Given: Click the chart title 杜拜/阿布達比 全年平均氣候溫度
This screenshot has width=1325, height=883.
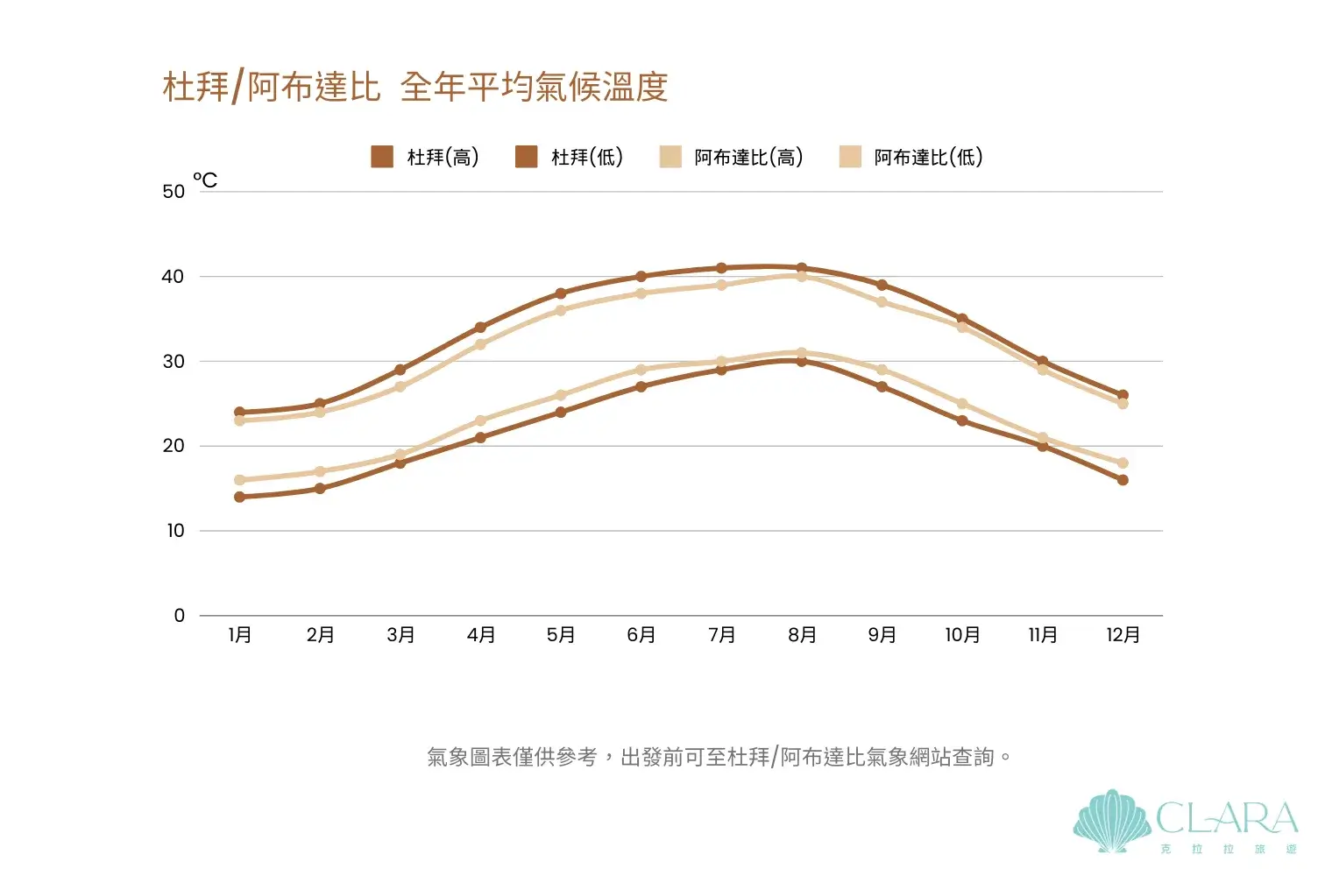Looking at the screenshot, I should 415,88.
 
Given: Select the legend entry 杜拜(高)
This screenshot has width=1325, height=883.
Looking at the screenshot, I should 426,158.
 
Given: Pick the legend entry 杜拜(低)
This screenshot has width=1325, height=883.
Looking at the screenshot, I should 570,158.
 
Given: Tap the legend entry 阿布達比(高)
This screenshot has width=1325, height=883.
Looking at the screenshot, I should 732,158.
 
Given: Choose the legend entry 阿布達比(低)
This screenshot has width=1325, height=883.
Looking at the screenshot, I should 911,158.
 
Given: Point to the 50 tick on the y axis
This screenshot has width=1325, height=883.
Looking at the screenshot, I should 174,192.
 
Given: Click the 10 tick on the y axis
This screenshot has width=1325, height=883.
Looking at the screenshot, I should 175,531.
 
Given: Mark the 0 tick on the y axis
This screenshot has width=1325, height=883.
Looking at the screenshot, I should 179,616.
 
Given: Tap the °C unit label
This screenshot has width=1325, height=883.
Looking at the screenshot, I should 205,180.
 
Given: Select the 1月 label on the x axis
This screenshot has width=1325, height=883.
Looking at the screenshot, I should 240,635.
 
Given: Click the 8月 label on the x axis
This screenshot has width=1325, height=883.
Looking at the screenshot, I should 802,635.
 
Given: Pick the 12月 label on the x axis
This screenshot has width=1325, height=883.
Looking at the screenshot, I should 1123,635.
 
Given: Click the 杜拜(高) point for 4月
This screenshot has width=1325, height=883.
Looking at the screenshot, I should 480,328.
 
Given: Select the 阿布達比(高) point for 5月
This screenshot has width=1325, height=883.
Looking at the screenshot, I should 561,310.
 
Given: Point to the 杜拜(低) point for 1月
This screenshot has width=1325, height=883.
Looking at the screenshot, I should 240,497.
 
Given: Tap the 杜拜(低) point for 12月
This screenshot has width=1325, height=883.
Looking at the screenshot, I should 1123,480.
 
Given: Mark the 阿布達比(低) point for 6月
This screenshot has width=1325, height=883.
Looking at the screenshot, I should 641,370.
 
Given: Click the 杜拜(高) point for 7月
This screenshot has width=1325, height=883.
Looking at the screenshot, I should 721,268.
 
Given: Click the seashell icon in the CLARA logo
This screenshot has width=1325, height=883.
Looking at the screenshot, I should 1111,821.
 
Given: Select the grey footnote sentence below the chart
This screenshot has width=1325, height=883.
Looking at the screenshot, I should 719,757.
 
